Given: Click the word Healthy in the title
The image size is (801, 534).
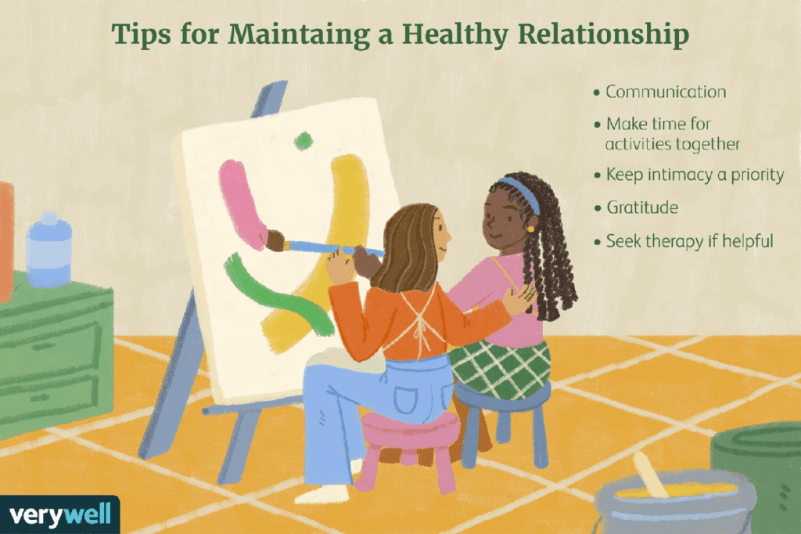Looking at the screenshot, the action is tap(455, 34).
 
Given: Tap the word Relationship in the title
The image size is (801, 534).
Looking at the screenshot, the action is tap(604, 34).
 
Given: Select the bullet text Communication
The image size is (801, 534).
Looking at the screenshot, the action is tap(666, 92).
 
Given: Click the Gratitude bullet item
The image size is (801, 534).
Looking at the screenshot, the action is tap(642, 207).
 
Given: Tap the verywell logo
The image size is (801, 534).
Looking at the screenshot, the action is tap(59, 514).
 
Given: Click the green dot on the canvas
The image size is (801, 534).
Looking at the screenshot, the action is tap(303, 140).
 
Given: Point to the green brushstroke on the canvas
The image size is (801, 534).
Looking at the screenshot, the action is tap(276, 294).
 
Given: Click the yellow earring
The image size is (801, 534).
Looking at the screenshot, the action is tap(531, 229).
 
